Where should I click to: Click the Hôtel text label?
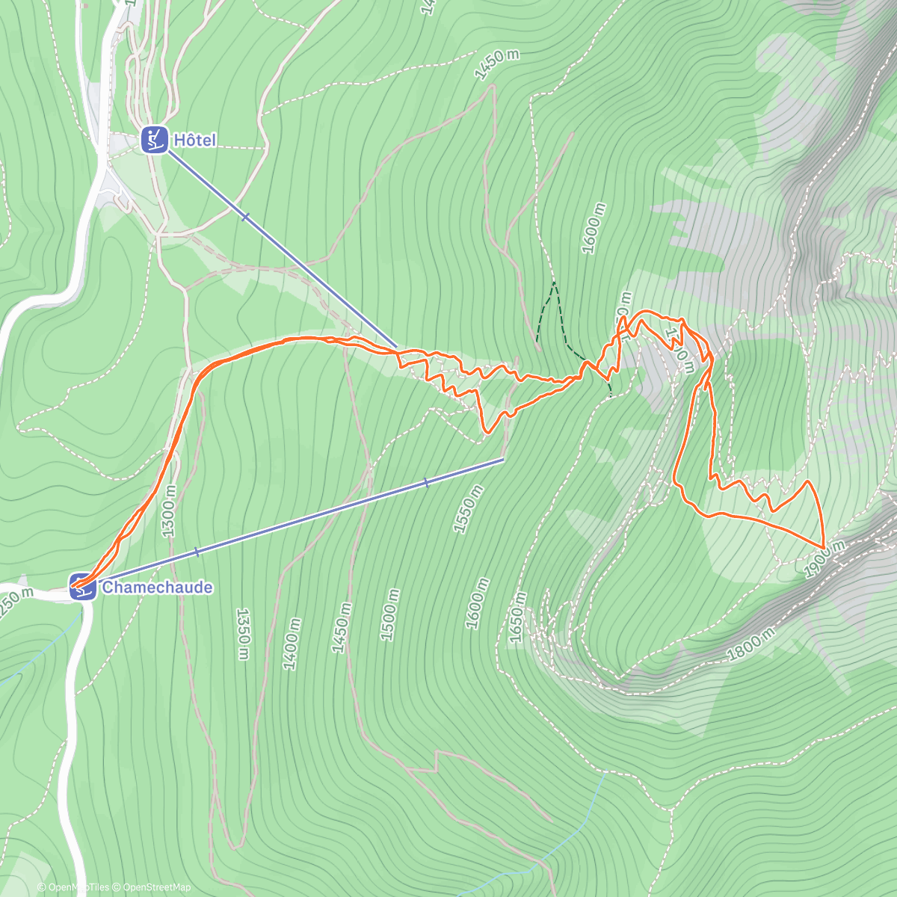point(194,140)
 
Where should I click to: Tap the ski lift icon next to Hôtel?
point(154,140)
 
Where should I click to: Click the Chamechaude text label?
point(157,587)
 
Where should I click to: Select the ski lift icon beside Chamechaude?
point(82,587)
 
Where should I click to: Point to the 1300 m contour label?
point(168,510)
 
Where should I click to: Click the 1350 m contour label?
point(242,634)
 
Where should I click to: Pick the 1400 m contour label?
point(292,644)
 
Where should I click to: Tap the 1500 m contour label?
point(389,614)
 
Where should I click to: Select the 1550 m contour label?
point(469,508)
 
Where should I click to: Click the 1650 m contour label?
point(517,617)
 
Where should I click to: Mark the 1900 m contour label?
point(825,559)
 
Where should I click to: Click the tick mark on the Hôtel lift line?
point(245,217)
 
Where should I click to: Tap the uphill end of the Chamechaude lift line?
point(504,459)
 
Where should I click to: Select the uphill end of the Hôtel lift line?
point(397,348)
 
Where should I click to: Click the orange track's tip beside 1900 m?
point(823,548)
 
